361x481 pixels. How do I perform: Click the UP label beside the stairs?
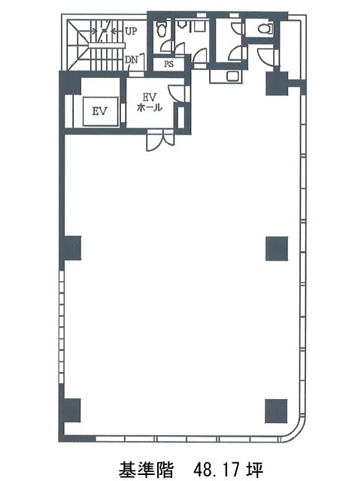coord(131,31)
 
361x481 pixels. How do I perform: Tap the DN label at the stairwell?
coord(132,60)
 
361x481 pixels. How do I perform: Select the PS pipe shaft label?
coord(168,64)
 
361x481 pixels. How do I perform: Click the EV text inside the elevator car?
coord(100,110)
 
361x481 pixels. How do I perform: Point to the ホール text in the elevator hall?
coord(150,107)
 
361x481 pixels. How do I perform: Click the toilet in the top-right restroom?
coord(265,29)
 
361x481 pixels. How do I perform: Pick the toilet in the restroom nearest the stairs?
coord(161,29)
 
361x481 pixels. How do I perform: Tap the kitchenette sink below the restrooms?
coord(232,75)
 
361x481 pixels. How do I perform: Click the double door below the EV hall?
coord(160,141)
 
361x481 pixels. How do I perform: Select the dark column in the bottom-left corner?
coord(71,410)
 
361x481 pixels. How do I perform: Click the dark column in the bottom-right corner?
coord(276,411)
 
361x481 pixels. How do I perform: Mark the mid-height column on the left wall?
coord(71,248)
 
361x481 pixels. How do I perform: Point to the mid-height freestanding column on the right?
coord(277,249)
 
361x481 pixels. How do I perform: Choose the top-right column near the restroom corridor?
coord(277,83)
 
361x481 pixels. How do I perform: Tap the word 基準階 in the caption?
coord(146,469)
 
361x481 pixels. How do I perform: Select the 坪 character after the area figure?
coord(255,469)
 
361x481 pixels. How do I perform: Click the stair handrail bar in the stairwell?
coord(107,45)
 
